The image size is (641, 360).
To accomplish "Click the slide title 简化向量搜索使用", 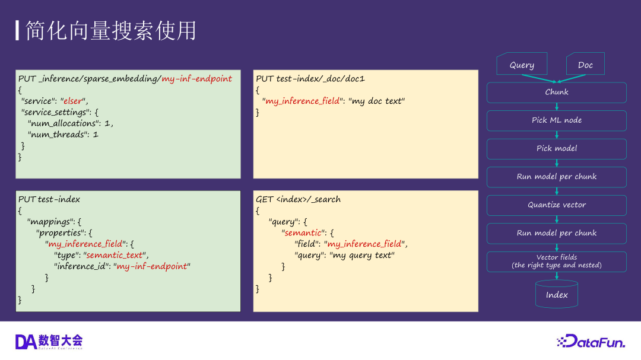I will point(110,31).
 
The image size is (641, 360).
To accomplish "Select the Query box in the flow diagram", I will point(522,65).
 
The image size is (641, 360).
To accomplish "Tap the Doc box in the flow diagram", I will point(585,65).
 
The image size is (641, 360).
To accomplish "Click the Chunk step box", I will point(557,92).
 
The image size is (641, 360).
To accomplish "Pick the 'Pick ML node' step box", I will point(557,120).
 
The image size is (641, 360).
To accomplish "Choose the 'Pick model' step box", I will point(557,148).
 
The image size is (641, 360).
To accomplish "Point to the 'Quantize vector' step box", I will point(557,205).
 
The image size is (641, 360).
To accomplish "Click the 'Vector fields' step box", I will point(557,261).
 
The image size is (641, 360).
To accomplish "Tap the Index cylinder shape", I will point(557,294).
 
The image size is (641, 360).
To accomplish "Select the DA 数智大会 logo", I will point(49,341).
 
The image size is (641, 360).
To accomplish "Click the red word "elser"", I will point(74,101).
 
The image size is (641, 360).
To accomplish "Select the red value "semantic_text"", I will point(115,255).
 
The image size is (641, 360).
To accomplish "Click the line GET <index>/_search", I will point(298,199).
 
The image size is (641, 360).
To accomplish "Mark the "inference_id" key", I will point(82,266).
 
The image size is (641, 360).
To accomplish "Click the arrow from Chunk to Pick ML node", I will point(557,107).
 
